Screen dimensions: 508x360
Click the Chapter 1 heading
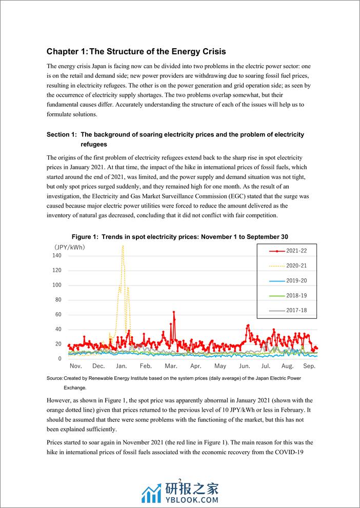[x=136, y=52]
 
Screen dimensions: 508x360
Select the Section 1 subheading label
[x=62, y=134]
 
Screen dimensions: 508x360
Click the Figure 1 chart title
[x=179, y=237]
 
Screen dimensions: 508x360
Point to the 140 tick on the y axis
[x=57, y=255]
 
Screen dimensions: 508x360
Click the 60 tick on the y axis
[x=58, y=314]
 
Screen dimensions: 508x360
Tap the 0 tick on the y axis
[x=60, y=358]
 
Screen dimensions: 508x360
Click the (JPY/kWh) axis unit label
[x=70, y=247]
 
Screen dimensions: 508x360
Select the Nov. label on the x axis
[x=75, y=366]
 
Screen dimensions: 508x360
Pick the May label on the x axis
[x=220, y=366]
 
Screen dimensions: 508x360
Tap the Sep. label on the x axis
[x=309, y=366]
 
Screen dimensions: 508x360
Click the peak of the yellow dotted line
[x=123, y=246]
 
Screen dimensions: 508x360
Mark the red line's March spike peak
[x=174, y=312]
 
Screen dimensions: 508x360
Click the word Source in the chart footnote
[x=54, y=378]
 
